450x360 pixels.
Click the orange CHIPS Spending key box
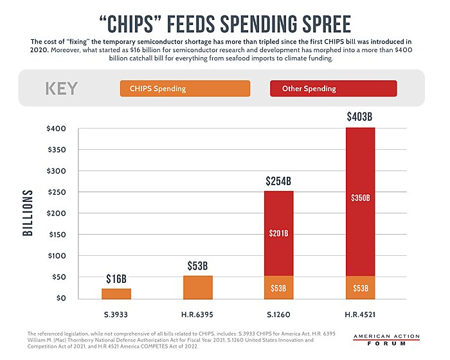point(184,88)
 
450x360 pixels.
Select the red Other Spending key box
point(333,88)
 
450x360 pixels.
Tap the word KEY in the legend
point(62,88)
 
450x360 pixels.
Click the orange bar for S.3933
point(116,293)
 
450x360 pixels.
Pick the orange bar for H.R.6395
point(197,287)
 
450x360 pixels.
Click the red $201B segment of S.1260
point(279,233)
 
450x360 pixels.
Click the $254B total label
point(279,181)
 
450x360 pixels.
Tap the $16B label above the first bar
point(116,278)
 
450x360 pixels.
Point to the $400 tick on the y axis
point(57,129)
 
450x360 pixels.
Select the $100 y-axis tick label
point(57,256)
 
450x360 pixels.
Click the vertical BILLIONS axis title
point(28,212)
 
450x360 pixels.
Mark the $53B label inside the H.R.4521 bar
point(361,288)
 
